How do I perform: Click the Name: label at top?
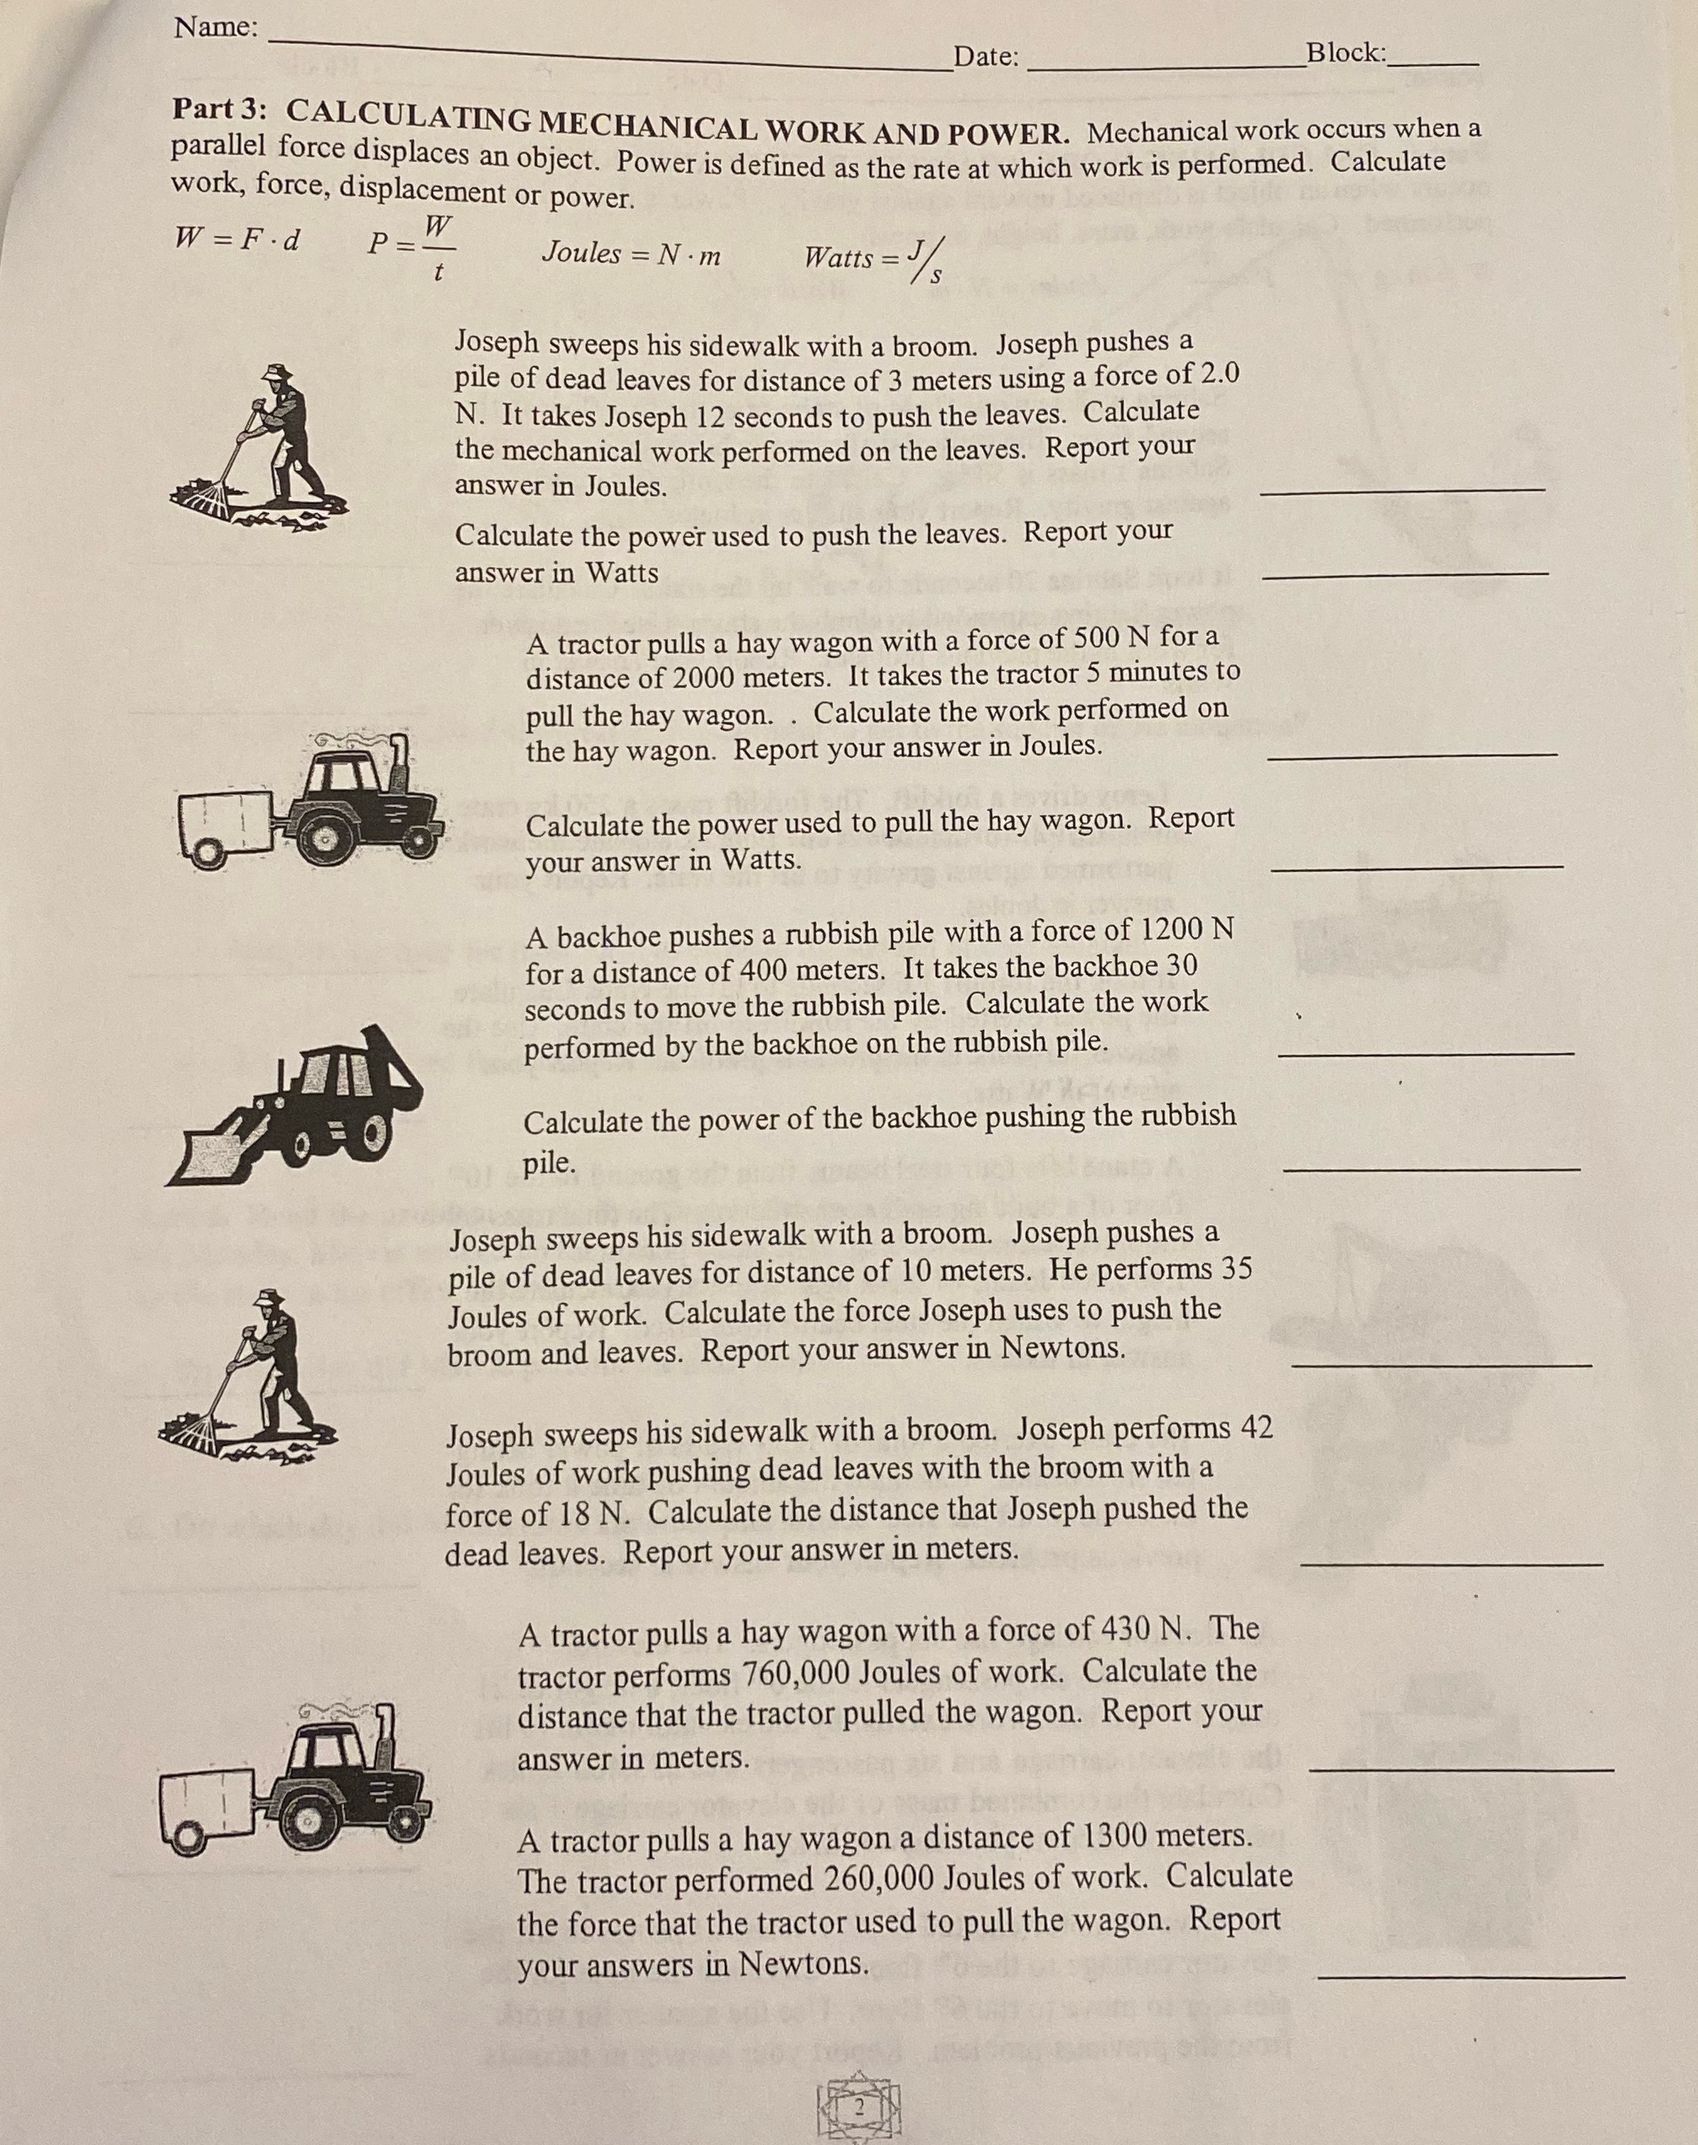click(215, 28)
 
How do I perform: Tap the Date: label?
click(986, 56)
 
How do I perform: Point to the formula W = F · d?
click(239, 239)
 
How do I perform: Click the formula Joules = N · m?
click(631, 255)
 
